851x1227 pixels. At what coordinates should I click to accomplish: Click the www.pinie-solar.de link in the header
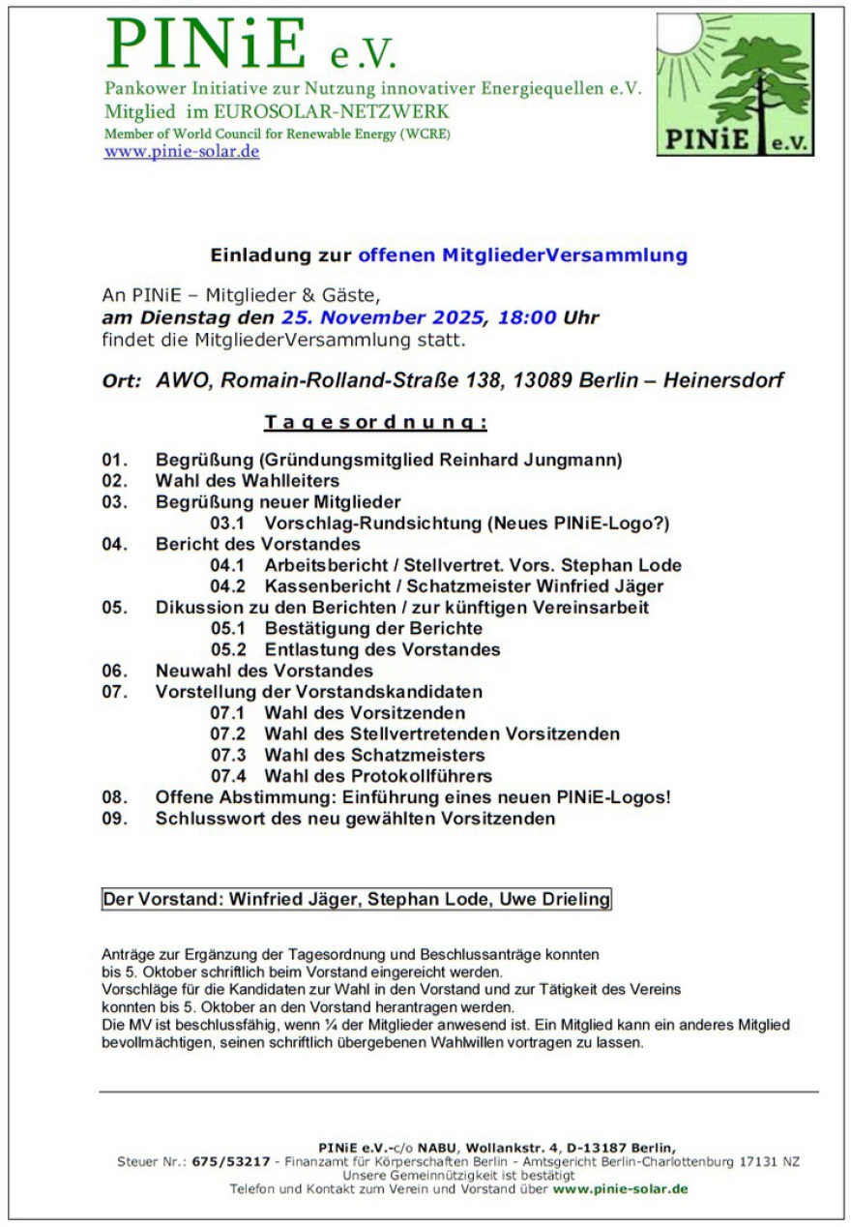[182, 152]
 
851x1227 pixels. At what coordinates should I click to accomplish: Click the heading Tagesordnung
[375, 423]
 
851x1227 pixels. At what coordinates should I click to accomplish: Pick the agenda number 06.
[114, 671]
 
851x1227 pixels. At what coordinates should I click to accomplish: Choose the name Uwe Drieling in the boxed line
[554, 899]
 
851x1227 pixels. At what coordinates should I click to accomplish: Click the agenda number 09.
[114, 819]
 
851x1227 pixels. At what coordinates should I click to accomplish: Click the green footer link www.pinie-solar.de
[620, 1188]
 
